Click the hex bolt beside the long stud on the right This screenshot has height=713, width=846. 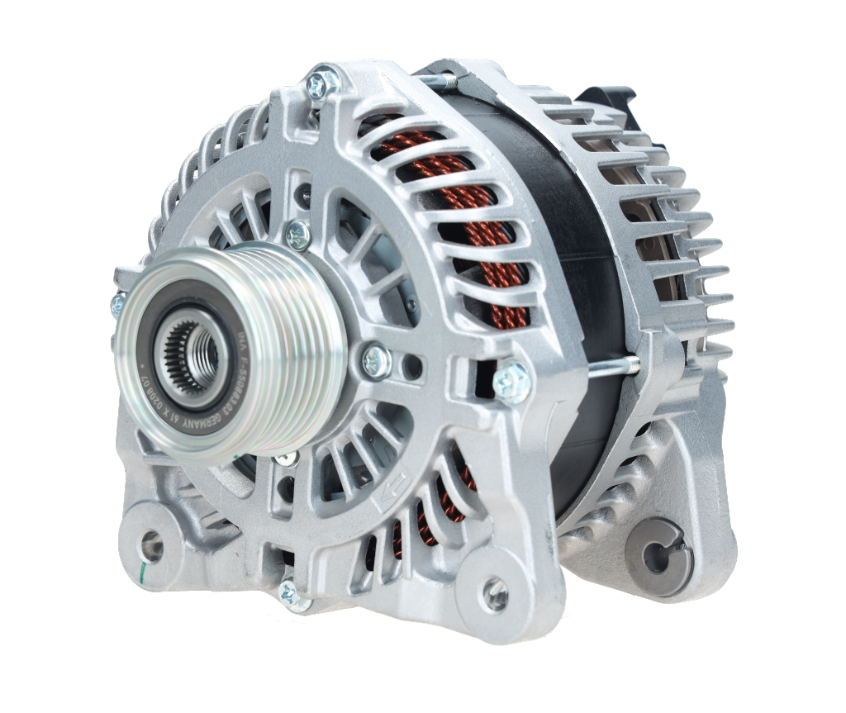pos(513,380)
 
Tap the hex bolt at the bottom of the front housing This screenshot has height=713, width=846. pos(288,592)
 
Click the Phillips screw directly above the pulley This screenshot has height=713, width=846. pos(297,235)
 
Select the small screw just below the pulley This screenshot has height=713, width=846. pos(286,459)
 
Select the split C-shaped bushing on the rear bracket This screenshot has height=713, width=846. pos(657,549)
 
